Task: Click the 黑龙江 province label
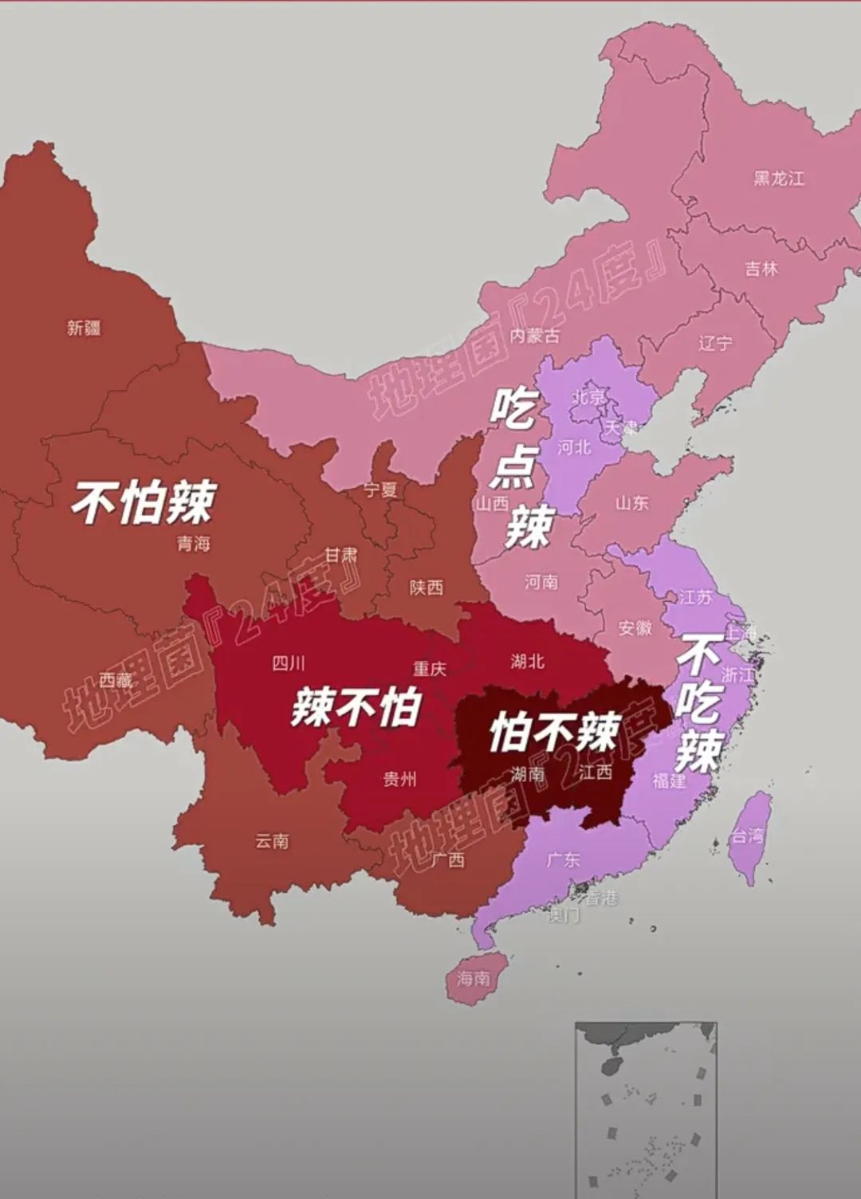(779, 179)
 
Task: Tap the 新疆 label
(84, 328)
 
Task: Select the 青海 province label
(193, 544)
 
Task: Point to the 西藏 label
(116, 680)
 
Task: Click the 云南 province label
(272, 841)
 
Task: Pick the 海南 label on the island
(474, 978)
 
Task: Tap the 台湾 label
(748, 836)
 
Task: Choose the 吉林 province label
(761, 269)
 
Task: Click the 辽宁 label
(715, 344)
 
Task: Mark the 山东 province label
(631, 503)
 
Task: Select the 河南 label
(541, 583)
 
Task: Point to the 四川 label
(289, 663)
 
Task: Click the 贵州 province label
(399, 779)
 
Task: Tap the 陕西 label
(426, 588)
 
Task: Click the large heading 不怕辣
(144, 502)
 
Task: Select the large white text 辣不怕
(356, 706)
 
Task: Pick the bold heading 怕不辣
(555, 732)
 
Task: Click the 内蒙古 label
(534, 336)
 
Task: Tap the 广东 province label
(563, 860)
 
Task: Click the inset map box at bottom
(646, 1108)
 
